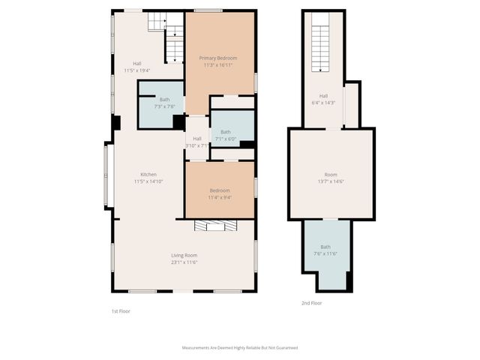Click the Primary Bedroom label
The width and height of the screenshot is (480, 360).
coord(218,61)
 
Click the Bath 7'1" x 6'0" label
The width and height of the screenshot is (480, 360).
coord(225,135)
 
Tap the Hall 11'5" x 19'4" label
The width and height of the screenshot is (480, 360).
coord(137,67)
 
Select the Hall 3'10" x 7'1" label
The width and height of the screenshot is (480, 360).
coord(196,142)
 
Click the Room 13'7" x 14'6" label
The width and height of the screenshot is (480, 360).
coord(331,178)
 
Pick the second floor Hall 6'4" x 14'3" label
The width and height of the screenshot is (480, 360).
coord(323,98)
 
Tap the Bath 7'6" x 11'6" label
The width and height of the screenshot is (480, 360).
coord(325,250)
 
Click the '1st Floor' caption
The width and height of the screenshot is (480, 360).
coord(120,310)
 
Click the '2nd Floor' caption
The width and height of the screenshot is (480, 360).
coord(311,303)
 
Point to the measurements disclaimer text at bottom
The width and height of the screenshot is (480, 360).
coord(240,348)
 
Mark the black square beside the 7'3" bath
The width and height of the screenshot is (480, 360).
coord(179,121)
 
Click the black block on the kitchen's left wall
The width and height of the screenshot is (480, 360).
coord(115,123)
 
